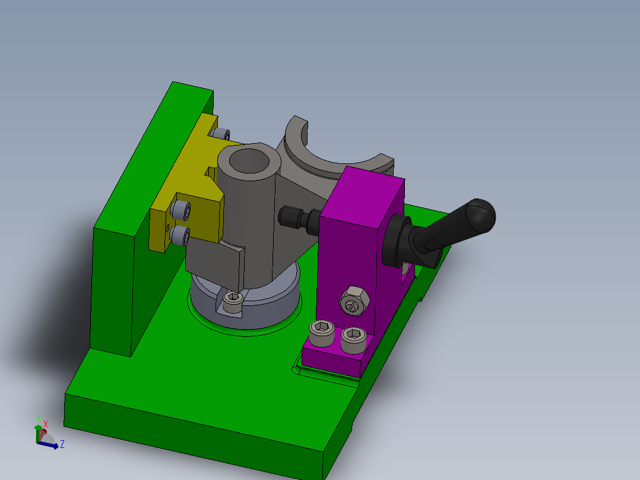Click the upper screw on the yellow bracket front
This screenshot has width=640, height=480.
click(180, 210)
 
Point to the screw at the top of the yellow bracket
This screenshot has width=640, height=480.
click(221, 134)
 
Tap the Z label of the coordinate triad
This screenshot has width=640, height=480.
click(62, 444)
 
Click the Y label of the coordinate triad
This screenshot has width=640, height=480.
click(38, 418)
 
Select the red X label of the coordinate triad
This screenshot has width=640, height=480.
click(45, 424)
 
